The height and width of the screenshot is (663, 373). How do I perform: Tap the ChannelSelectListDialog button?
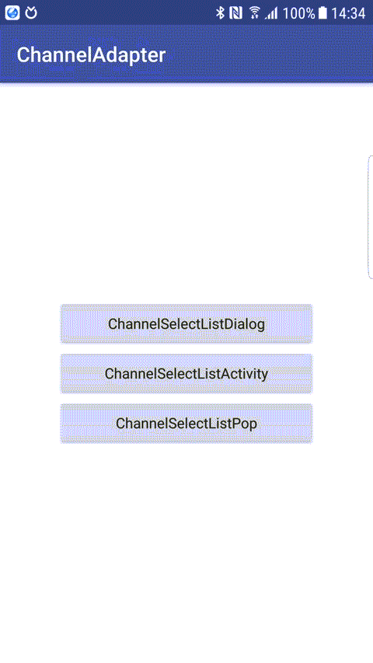click(x=186, y=324)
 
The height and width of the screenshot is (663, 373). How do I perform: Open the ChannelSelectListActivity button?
click(x=186, y=374)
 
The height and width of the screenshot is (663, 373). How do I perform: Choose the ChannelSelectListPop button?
click(x=186, y=424)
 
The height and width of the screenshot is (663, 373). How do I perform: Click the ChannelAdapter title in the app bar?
click(x=91, y=55)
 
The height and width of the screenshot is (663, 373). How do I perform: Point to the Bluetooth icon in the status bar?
click(x=220, y=13)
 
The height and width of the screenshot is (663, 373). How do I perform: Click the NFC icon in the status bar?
click(x=235, y=13)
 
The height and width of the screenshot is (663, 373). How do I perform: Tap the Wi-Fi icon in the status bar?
click(x=255, y=12)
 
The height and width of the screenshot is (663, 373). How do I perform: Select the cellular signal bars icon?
click(x=271, y=13)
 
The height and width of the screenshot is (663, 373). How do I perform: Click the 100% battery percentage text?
click(x=298, y=13)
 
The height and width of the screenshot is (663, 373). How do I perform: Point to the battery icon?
click(x=322, y=13)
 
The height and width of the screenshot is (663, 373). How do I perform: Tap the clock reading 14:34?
click(x=348, y=13)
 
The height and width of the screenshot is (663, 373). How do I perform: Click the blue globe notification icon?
click(x=12, y=13)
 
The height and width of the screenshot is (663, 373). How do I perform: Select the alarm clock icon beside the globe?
click(x=31, y=13)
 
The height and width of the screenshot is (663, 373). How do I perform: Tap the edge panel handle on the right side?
click(x=371, y=217)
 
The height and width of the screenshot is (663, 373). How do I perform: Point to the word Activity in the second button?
click(x=242, y=374)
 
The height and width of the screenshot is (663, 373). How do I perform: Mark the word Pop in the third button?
click(x=245, y=424)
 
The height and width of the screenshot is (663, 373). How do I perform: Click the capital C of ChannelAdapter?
click(x=23, y=55)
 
